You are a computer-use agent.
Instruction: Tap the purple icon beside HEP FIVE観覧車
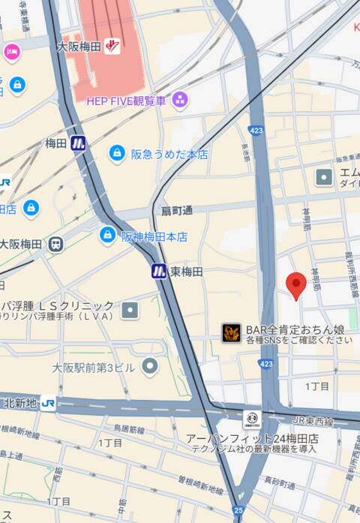click(x=180, y=99)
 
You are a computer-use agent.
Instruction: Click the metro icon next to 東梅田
click(x=159, y=271)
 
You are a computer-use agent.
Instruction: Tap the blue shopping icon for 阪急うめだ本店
click(x=117, y=154)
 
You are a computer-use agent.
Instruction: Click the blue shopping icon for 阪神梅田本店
click(x=108, y=236)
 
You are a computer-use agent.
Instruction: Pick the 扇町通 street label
click(x=177, y=211)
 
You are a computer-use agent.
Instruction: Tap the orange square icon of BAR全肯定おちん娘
click(x=231, y=333)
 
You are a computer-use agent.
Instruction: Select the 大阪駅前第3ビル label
click(x=94, y=368)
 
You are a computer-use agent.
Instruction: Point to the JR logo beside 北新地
click(x=49, y=403)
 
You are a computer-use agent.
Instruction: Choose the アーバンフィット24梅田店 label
click(x=253, y=438)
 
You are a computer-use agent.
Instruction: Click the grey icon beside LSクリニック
click(x=130, y=310)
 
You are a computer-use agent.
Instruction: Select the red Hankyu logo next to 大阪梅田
click(x=112, y=45)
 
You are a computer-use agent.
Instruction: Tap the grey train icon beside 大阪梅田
click(x=55, y=245)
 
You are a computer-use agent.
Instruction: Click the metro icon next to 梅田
click(x=79, y=143)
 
